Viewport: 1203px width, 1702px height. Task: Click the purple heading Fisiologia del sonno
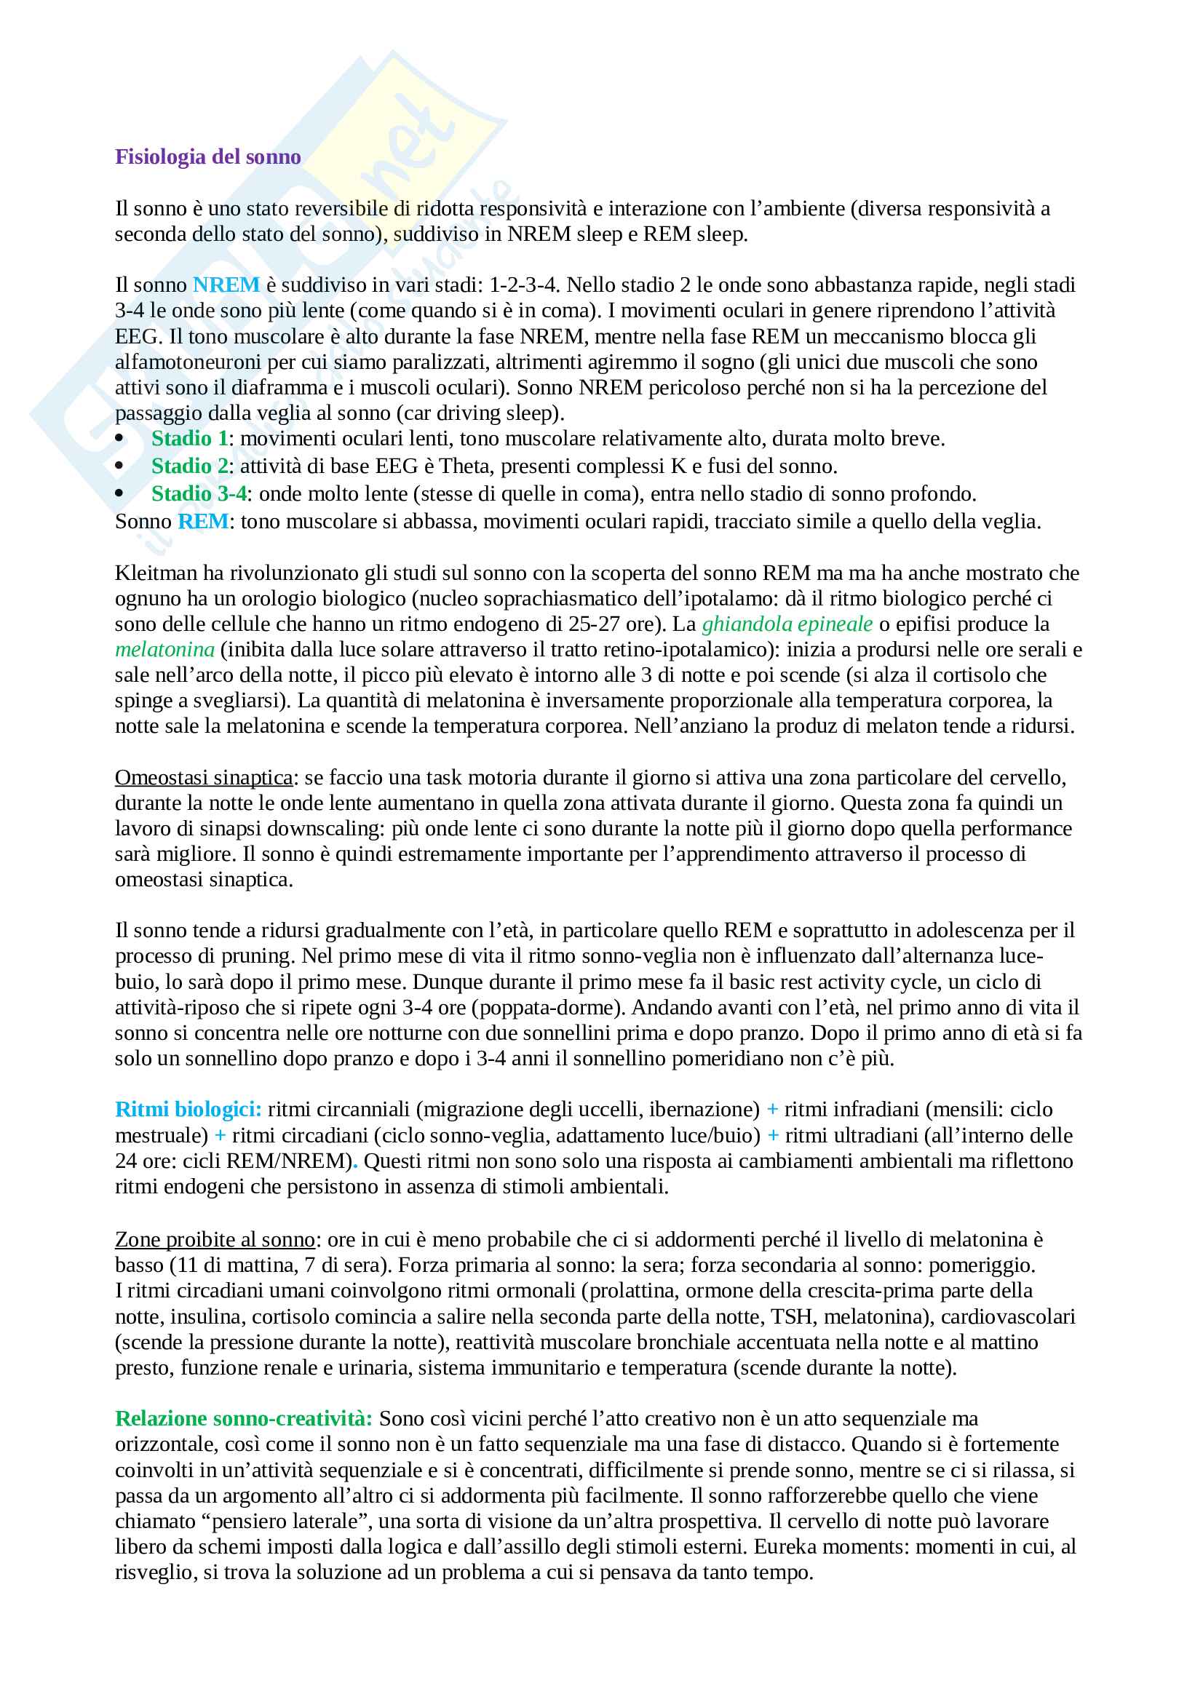tap(207, 157)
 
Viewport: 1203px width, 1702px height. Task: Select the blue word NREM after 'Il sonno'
tap(226, 285)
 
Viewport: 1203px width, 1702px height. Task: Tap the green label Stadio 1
tap(189, 439)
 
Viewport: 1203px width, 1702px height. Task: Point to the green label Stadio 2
tap(190, 466)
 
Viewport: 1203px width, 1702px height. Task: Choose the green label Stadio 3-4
tap(199, 493)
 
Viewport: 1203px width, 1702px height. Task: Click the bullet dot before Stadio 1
tap(120, 440)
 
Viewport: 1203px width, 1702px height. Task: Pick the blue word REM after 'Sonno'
tap(203, 522)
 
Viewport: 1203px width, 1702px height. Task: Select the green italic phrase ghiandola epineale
tap(787, 624)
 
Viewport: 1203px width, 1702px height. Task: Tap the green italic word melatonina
tap(164, 650)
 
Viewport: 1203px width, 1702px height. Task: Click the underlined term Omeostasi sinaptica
tap(204, 778)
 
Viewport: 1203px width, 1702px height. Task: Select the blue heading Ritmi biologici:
tap(188, 1110)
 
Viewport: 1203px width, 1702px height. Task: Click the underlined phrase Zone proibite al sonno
tap(215, 1239)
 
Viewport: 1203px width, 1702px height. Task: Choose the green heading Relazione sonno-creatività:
tap(244, 1419)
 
